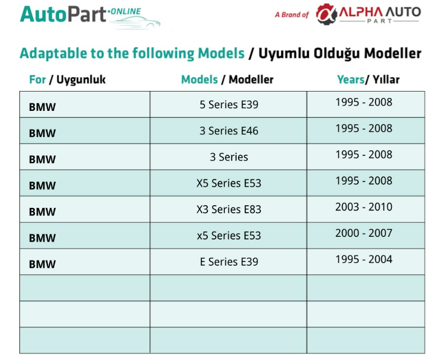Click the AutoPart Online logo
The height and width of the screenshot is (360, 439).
coord(90,16)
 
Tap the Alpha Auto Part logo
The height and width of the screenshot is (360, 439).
coord(368,14)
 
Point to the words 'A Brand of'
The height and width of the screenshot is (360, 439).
coord(292,14)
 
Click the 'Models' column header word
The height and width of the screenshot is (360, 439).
coord(199,80)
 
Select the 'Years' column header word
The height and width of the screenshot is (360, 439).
coord(351,80)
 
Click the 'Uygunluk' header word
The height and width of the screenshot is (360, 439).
coord(81,80)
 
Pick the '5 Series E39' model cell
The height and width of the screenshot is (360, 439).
coord(229,104)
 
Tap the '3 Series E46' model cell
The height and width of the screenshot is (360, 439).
coord(229,131)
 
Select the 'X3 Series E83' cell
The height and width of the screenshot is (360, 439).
coord(229,209)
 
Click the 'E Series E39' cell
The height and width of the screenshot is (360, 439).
coord(229,261)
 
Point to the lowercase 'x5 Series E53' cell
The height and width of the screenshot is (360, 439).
coord(229,236)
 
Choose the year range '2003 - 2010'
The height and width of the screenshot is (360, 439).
coord(364,207)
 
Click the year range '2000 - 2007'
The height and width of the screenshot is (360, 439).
coord(364,233)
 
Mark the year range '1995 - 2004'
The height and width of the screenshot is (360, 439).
coord(364,259)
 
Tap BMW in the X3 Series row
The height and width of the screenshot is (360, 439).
coord(42,212)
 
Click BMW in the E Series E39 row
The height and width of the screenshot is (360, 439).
coord(42,264)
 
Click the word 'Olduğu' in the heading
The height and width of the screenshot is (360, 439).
coord(336,53)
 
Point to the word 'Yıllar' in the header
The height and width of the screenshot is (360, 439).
coord(386,80)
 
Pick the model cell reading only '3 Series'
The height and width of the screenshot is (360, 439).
coord(229,157)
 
